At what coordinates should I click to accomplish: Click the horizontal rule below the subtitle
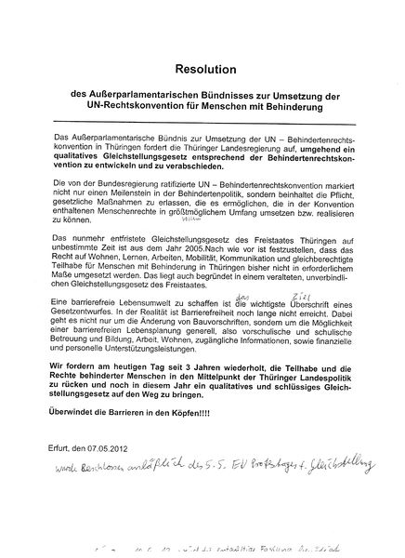tap(202, 124)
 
